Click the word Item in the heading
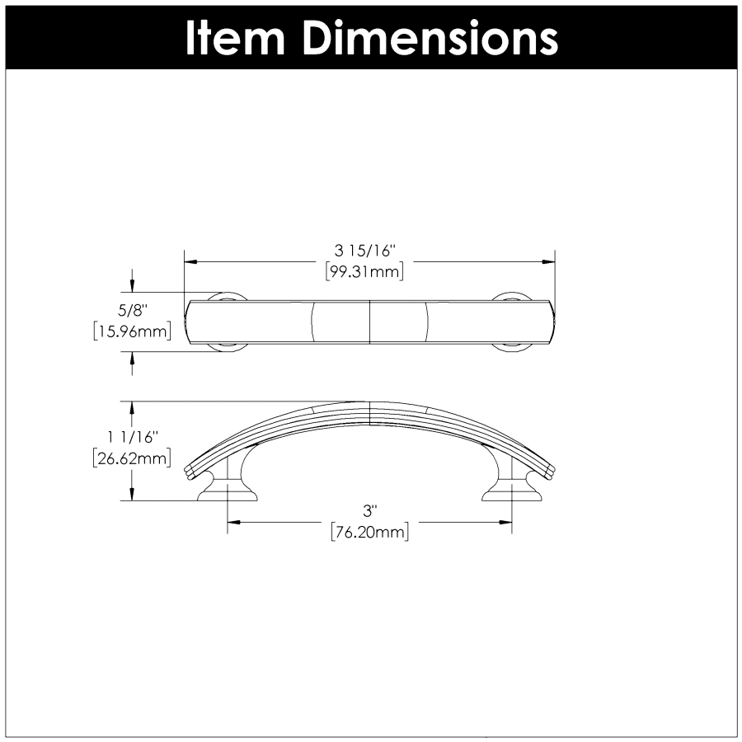click(234, 38)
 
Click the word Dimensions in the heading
click(430, 38)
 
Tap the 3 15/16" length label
click(365, 251)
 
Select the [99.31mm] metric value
click(365, 272)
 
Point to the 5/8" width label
click(132, 311)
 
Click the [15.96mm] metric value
click(132, 331)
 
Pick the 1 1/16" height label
click(132, 437)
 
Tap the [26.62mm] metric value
click(132, 458)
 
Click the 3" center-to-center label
click(369, 511)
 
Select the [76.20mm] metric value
click(369, 532)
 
